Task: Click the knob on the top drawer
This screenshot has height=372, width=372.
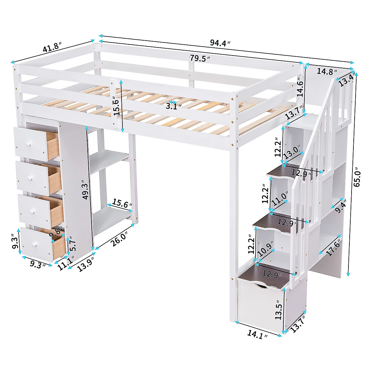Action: (x=29, y=144)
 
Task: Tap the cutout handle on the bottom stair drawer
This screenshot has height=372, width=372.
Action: (x=259, y=285)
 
